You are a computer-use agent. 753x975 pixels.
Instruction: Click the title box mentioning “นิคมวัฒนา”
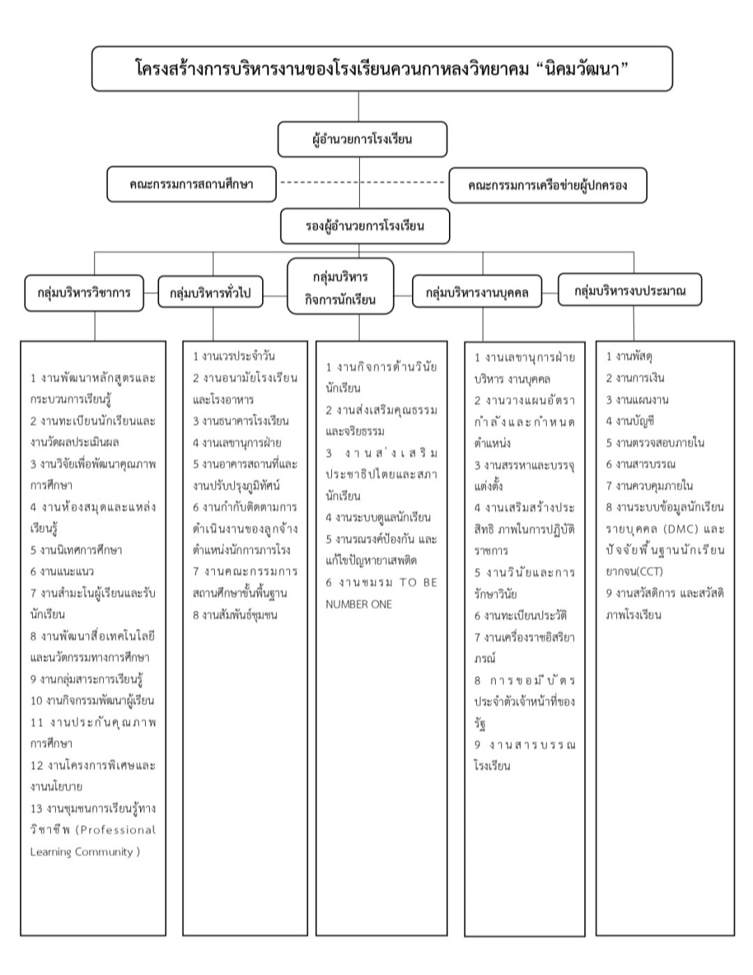point(382,69)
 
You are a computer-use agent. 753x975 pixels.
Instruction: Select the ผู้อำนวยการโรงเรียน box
point(362,139)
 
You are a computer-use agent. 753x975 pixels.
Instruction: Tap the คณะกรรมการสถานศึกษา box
point(191,185)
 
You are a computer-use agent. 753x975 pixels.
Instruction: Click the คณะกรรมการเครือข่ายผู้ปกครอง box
point(547,185)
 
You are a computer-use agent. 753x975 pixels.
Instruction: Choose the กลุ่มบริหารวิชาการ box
point(84,293)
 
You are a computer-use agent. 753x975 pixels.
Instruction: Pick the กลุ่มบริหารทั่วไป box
point(211,293)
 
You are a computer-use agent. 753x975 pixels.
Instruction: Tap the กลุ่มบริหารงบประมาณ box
point(630,291)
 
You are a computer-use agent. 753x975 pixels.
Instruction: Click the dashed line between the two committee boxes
point(362,183)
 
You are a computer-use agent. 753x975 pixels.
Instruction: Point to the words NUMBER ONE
point(358,604)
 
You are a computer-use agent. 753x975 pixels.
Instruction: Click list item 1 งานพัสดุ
point(629,356)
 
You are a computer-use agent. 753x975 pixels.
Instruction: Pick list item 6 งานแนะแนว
point(62,571)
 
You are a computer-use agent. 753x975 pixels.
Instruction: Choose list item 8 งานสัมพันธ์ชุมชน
point(235,615)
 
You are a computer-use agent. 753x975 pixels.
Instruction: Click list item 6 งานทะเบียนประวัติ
point(520,615)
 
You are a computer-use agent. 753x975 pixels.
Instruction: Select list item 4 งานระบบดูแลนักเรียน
point(378,517)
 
